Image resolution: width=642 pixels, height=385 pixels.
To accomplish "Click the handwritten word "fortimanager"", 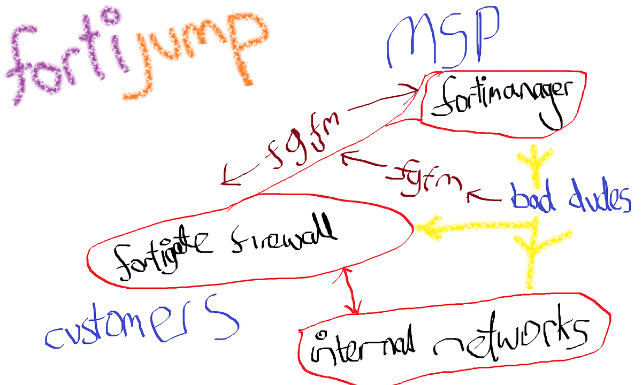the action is pos(502,101).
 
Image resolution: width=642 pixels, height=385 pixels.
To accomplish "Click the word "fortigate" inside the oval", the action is pos(163,252).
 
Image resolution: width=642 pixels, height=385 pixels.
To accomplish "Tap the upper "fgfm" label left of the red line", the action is pos(302,140).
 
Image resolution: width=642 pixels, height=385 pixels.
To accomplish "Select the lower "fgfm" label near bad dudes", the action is pos(424,179).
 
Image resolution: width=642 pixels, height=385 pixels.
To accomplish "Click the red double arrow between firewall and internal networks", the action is pos(350,291).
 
